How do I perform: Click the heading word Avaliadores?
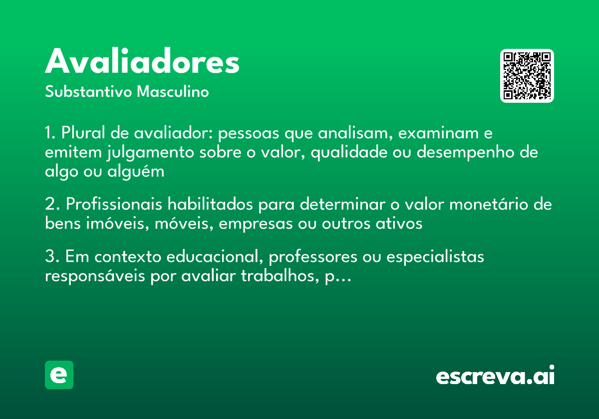tap(142, 62)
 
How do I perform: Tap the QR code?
tap(527, 76)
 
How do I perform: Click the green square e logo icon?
tap(59, 375)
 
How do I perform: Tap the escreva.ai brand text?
tap(495, 376)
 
